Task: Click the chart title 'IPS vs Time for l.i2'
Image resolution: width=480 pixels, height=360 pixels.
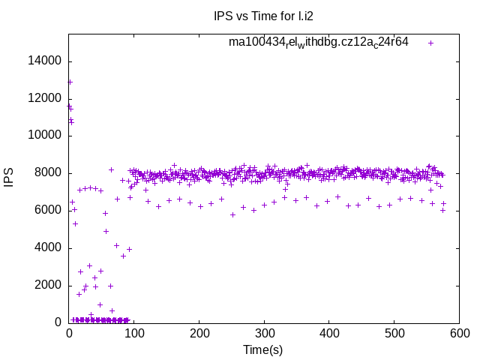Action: click(x=259, y=16)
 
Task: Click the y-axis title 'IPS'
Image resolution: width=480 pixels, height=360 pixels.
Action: click(x=10, y=178)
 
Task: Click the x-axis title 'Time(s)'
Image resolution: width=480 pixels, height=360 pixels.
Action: click(x=262, y=349)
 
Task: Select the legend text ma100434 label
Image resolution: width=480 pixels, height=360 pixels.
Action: click(x=319, y=43)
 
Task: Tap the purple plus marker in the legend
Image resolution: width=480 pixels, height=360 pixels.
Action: click(x=430, y=43)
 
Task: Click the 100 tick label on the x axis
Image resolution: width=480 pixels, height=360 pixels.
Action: click(x=133, y=334)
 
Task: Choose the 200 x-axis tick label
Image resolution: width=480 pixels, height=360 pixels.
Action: click(x=199, y=334)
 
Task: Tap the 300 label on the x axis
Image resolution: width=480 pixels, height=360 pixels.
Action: click(x=264, y=334)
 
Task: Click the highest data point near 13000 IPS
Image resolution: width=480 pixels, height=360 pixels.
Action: click(x=70, y=82)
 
